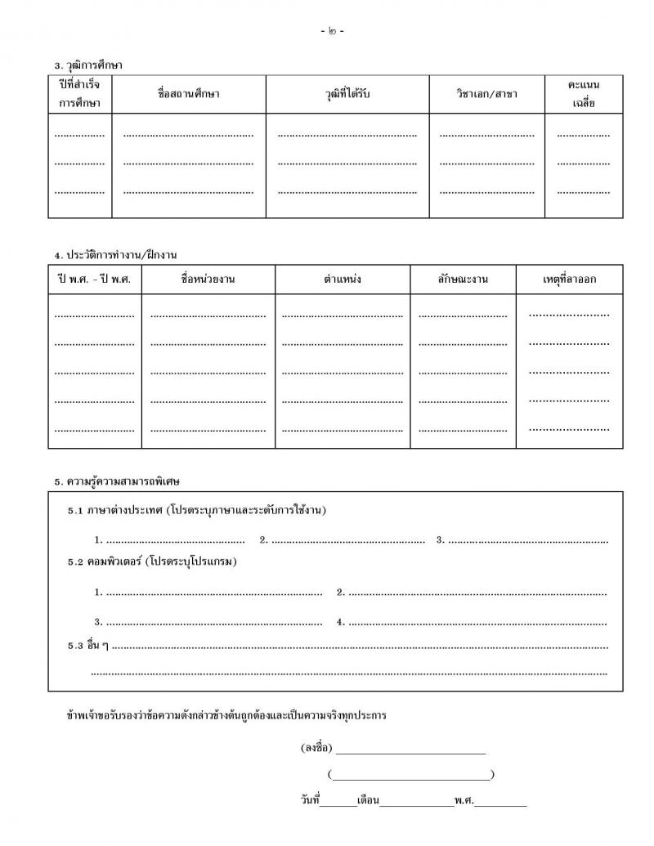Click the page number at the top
tap(333, 31)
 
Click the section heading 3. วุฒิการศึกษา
tap(88, 65)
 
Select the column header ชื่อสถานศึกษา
tap(189, 94)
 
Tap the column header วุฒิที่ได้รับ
tap(347, 94)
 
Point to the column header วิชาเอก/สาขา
tap(487, 94)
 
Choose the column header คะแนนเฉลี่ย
tap(584, 94)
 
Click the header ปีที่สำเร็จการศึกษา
tap(79, 94)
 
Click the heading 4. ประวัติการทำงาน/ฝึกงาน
tap(116, 255)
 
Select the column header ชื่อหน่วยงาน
tap(208, 280)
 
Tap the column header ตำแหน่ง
tap(343, 280)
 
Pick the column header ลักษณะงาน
tap(463, 280)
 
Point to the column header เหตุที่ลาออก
tap(570, 280)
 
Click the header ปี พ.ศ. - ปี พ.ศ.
tap(95, 280)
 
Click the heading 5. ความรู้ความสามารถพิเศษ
tap(117, 481)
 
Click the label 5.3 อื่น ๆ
tap(88, 646)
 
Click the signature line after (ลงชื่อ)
tap(410, 750)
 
